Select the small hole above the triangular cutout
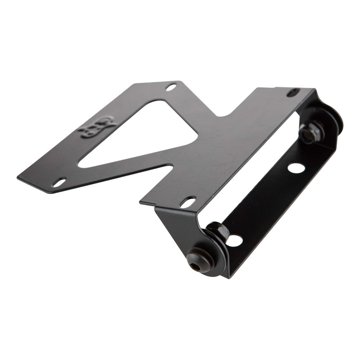(171, 87)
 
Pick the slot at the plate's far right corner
(292, 93)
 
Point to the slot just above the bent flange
(188, 202)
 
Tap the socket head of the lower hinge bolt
(197, 266)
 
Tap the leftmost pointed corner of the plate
(19, 176)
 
